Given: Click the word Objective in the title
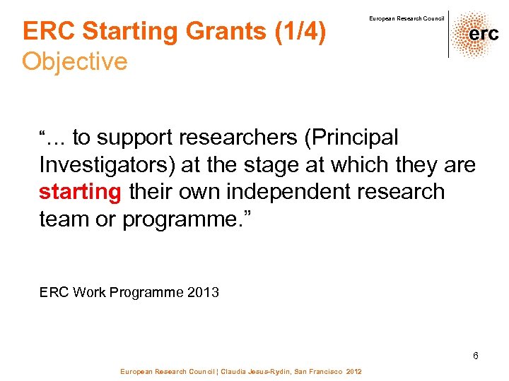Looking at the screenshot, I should coord(75,61).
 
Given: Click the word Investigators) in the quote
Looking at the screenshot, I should coord(107,164).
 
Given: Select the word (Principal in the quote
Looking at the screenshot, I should coord(351,137).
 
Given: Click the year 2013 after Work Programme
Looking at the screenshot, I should coord(204,291).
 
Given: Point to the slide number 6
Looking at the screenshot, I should coord(476,356).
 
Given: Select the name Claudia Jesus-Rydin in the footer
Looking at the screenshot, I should coord(245,371).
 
